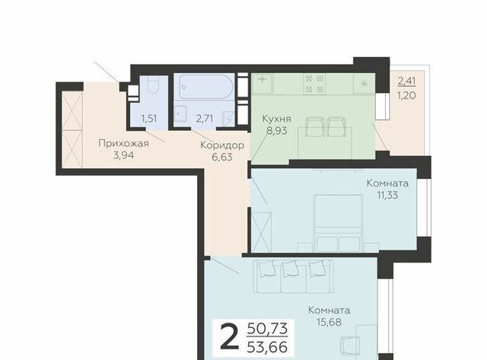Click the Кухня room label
pyautogui.click(x=276, y=119)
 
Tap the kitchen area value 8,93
pyautogui.click(x=276, y=131)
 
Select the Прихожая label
pyautogui.click(x=123, y=144)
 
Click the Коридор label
pyautogui.click(x=222, y=145)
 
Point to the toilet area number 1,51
pyautogui.click(x=149, y=118)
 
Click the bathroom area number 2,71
pyautogui.click(x=205, y=118)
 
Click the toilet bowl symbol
pyautogui.click(x=152, y=84)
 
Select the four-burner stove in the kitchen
pyautogui.click(x=314, y=84)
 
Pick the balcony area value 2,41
pyautogui.click(x=406, y=81)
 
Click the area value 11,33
pyautogui.click(x=387, y=196)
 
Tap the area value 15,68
pyautogui.click(x=329, y=322)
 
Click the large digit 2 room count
pyautogui.click(x=230, y=340)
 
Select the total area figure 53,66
pyautogui.click(x=267, y=347)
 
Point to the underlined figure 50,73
pyautogui.click(x=267, y=329)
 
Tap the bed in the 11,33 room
pyautogui.click(x=338, y=223)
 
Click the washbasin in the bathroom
pyautogui.click(x=180, y=113)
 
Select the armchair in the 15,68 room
pyautogui.click(x=351, y=347)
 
